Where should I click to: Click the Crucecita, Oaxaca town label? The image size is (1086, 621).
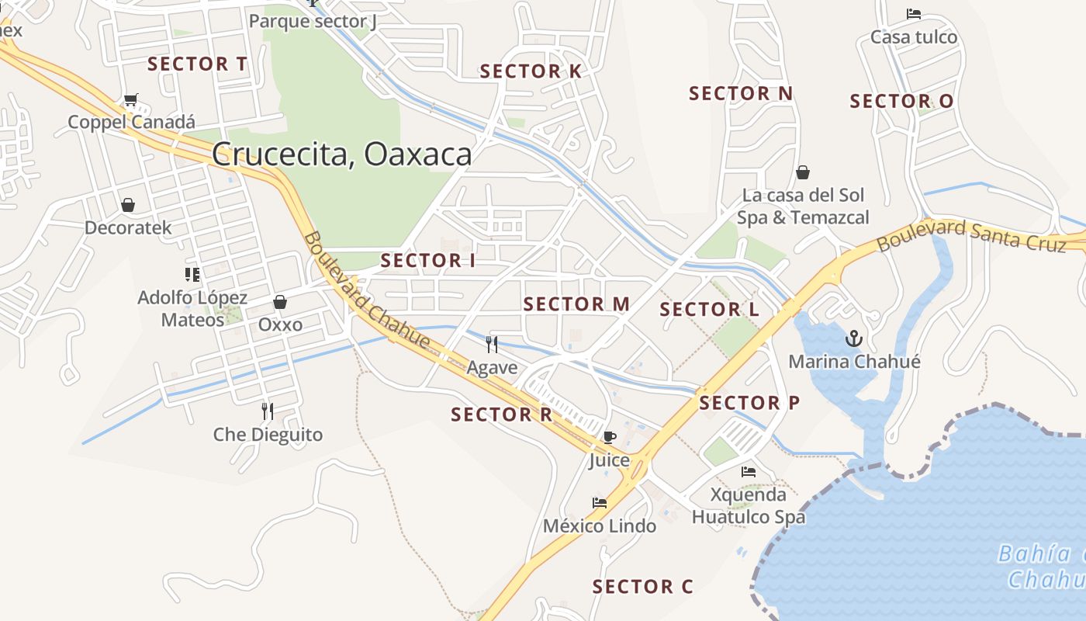tap(341, 154)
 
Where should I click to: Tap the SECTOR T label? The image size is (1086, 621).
tap(197, 64)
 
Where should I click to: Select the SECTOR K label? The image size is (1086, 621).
tap(531, 71)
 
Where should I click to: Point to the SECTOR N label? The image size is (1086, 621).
tap(741, 93)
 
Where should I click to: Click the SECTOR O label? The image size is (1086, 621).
tap(901, 101)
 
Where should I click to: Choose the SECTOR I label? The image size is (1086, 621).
tap(427, 261)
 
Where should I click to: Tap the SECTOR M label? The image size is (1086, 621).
tap(576, 304)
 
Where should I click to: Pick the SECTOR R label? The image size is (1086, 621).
tap(501, 415)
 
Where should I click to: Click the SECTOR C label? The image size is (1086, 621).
tap(642, 587)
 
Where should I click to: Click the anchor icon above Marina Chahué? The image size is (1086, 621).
tap(853, 338)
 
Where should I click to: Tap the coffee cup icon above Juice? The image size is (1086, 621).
tap(609, 437)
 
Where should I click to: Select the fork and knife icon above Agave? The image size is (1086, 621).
tap(492, 344)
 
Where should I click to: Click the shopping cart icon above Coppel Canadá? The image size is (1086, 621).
tap(131, 100)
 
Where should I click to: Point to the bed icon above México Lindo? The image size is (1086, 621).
tap(599, 503)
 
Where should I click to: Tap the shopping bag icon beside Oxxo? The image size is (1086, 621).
tap(280, 302)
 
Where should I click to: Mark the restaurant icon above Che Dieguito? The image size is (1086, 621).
tap(268, 411)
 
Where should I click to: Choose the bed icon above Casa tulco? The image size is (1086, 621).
tap(914, 14)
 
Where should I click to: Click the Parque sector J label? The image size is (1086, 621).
tap(313, 21)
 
